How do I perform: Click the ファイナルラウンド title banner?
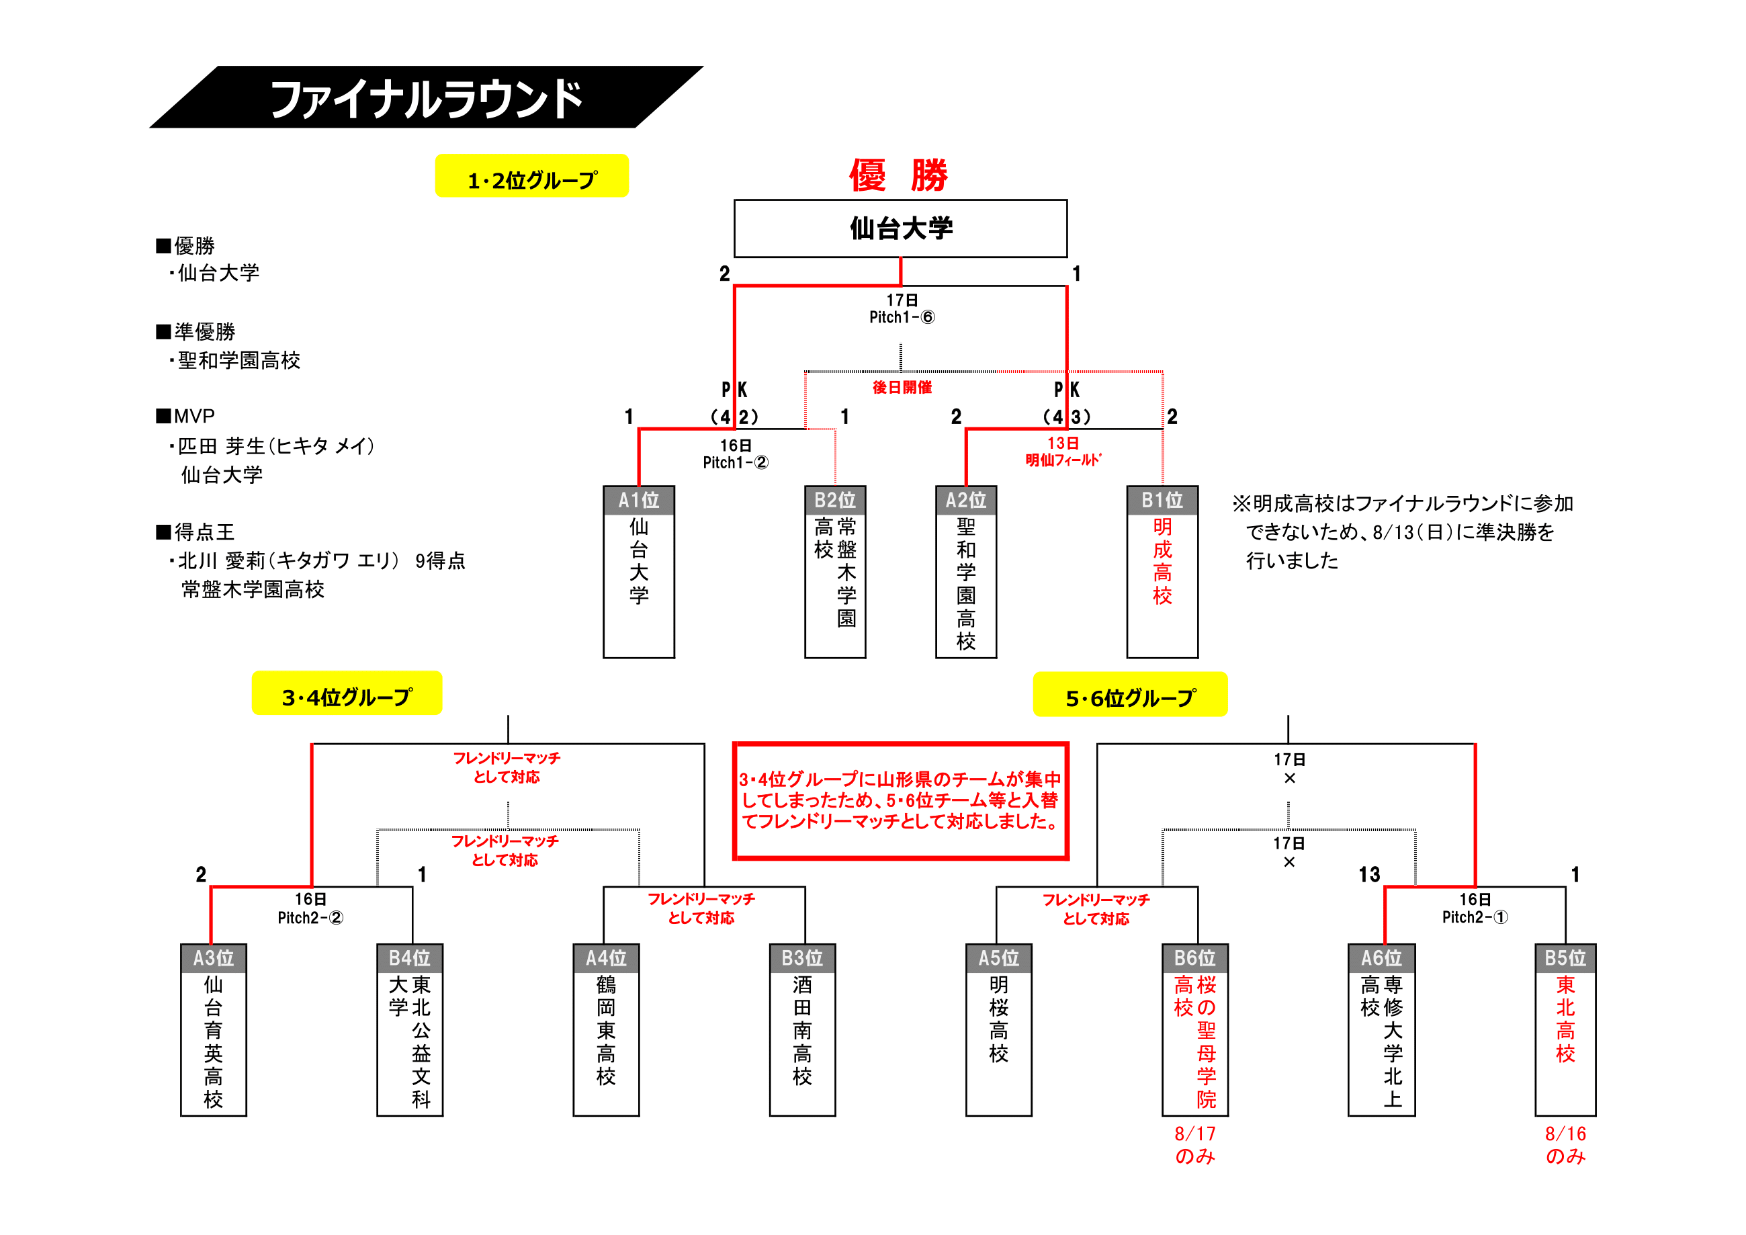pyautogui.click(x=426, y=99)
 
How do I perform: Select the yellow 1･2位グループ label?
pyautogui.click(x=531, y=179)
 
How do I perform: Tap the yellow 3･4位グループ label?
pyautogui.click(x=347, y=695)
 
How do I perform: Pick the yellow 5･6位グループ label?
pyautogui.click(x=1130, y=697)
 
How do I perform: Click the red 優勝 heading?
pyautogui.click(x=899, y=175)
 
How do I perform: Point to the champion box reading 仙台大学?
pyautogui.click(x=900, y=228)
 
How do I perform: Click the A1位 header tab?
pyautogui.click(x=639, y=501)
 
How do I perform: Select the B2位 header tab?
pyautogui.click(x=835, y=501)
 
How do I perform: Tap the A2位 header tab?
pyautogui.click(x=966, y=501)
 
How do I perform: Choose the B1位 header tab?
pyautogui.click(x=1162, y=501)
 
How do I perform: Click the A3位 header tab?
pyautogui.click(x=214, y=958)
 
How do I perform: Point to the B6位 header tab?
pyautogui.click(x=1194, y=958)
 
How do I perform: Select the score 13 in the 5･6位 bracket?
pyautogui.click(x=1369, y=875)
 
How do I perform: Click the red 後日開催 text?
pyautogui.click(x=902, y=387)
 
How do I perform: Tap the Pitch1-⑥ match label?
pyautogui.click(x=902, y=317)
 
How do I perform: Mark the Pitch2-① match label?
pyautogui.click(x=1475, y=917)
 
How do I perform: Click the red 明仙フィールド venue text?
pyautogui.click(x=1063, y=460)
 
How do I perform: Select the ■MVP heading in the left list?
pyautogui.click(x=186, y=416)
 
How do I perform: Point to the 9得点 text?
pyautogui.click(x=440, y=560)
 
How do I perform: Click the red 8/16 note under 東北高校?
pyautogui.click(x=1565, y=1134)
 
